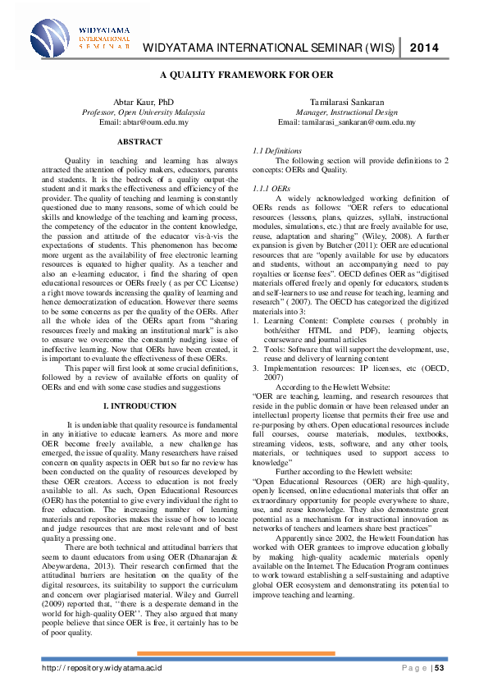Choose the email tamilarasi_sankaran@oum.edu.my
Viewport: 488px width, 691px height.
pos(347,121)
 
